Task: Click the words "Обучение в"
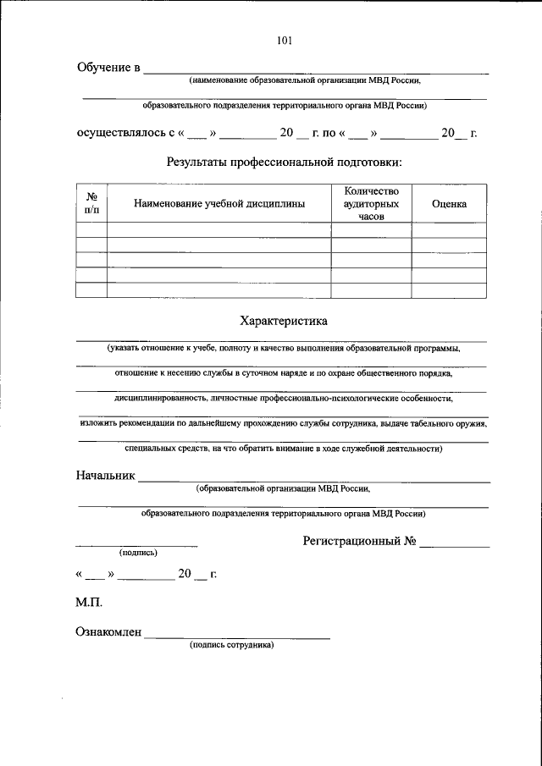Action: point(108,68)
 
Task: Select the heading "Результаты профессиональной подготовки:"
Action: point(285,162)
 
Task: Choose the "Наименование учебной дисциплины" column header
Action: point(218,204)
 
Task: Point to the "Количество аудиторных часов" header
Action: point(371,204)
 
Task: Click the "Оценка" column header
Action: point(449,204)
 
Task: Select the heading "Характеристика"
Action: point(284,321)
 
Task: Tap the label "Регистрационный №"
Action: point(359,541)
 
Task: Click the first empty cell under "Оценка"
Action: point(449,230)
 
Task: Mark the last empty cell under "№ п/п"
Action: point(91,290)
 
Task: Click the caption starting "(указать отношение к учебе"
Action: point(284,348)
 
